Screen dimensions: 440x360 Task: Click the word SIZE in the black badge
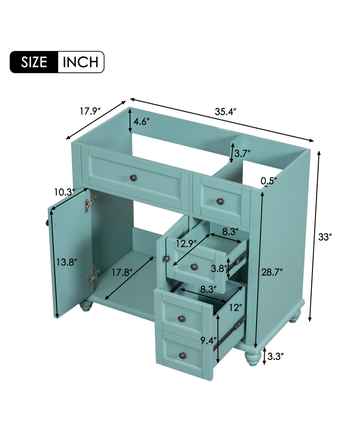(34, 62)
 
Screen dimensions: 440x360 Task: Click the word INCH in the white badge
(80, 62)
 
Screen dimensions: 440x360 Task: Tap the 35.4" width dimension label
(226, 112)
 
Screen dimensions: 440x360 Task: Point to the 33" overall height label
(325, 237)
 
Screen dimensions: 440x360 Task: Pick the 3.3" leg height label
(275, 356)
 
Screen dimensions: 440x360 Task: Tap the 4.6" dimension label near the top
(141, 122)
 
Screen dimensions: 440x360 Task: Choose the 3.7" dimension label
(242, 154)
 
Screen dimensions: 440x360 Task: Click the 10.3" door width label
(64, 192)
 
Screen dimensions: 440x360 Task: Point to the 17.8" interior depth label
(122, 273)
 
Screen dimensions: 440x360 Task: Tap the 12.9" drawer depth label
(186, 243)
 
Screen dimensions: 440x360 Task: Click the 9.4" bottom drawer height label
(208, 340)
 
